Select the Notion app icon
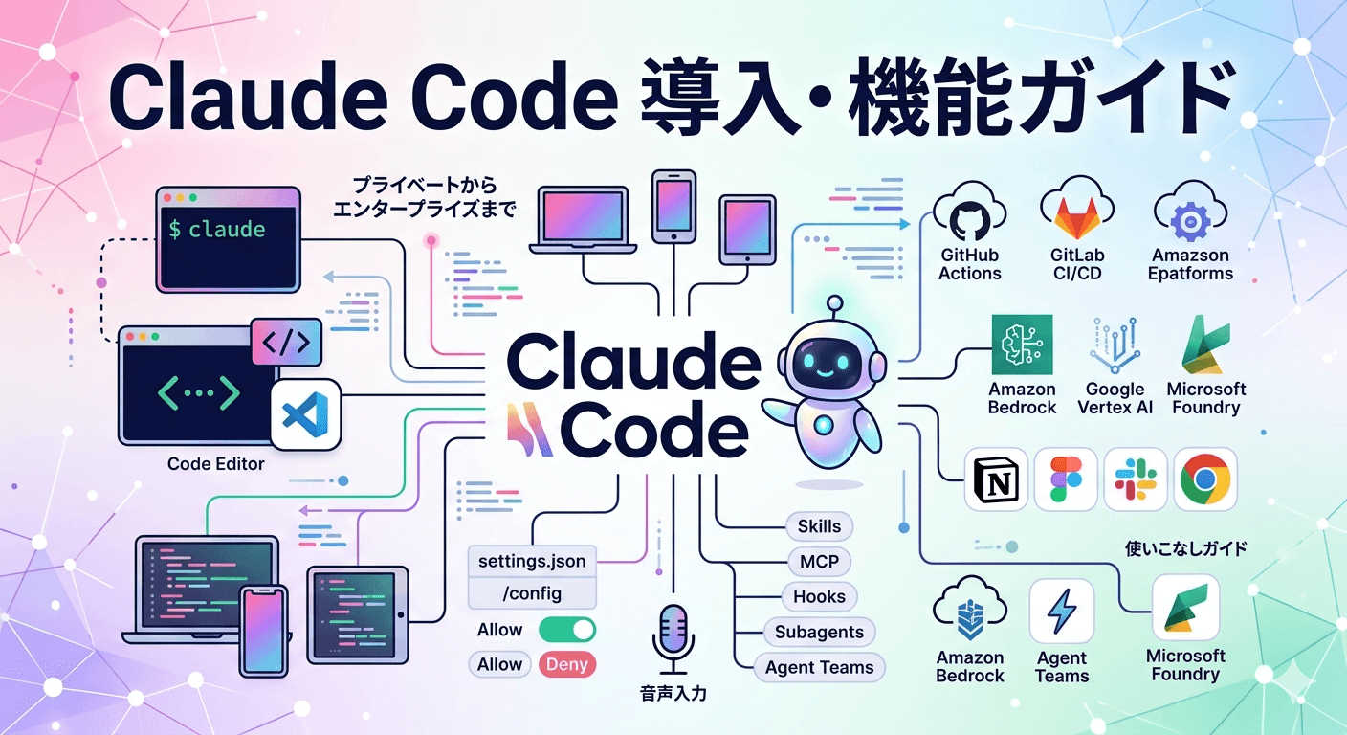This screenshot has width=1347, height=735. coord(996,479)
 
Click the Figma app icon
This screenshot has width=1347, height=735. coord(1066,479)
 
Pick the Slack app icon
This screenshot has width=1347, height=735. coord(1136,479)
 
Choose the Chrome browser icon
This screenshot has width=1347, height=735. coord(1205,479)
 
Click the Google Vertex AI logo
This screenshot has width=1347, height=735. coord(1115,349)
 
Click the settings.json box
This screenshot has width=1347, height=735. coord(532,561)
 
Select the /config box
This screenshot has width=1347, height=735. coord(532,594)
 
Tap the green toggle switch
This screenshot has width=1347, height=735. coord(567,630)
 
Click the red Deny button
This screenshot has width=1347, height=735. coord(567,664)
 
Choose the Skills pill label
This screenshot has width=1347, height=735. coord(819,526)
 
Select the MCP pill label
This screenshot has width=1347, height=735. coord(819,562)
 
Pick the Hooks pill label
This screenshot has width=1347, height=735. coord(819,596)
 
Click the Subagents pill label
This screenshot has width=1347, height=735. coord(819,632)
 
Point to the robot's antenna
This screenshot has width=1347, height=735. coord(835,305)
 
